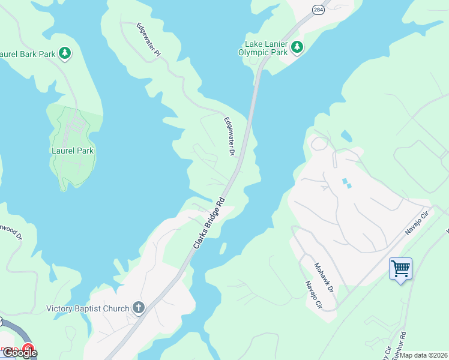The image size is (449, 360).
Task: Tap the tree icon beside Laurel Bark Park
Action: (x=65, y=54)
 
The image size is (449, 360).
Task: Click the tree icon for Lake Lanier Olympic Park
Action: (x=297, y=47)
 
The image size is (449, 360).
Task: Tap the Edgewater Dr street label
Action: (x=229, y=136)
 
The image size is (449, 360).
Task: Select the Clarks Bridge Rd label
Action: (x=209, y=223)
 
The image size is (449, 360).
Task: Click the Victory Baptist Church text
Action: (x=88, y=309)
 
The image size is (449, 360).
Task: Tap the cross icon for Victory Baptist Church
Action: (x=139, y=308)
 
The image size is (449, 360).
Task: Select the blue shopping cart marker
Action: (x=400, y=268)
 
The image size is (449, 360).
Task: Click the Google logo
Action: (x=20, y=353)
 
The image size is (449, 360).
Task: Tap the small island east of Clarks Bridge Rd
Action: (x=223, y=248)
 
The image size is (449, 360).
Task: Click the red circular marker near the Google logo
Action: (x=28, y=348)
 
